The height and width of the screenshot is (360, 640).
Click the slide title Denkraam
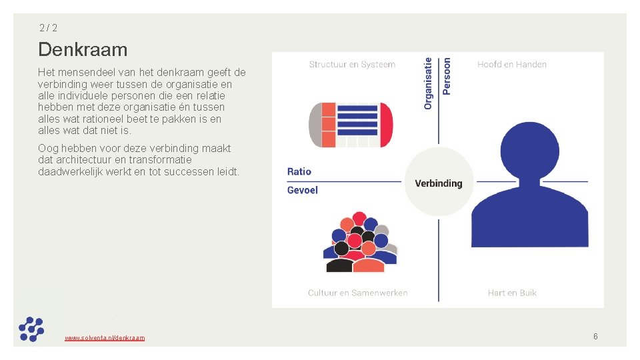(83, 49)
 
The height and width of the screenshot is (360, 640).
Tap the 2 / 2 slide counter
(48, 28)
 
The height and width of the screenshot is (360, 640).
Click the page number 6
(595, 337)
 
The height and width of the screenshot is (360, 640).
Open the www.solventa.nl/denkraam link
(105, 338)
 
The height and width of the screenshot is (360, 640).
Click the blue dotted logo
(31, 329)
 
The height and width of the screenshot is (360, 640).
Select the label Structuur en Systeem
(352, 65)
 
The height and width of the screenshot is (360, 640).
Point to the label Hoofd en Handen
(512, 65)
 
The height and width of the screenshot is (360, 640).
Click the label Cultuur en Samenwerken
(358, 293)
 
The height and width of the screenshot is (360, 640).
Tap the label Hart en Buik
(512, 293)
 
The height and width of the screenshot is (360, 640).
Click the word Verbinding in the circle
(439, 183)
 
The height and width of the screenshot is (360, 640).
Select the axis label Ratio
(299, 172)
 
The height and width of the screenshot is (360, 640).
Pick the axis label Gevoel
(303, 190)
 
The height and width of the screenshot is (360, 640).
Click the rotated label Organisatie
(429, 83)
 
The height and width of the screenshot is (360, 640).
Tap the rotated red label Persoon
(447, 75)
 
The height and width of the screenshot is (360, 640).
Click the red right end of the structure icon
(386, 125)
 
